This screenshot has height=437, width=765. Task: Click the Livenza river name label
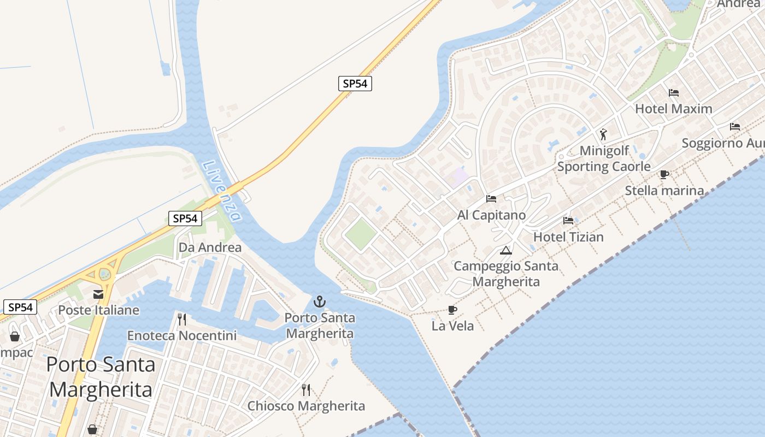pos(221,191)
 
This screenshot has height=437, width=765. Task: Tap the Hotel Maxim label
pos(673,109)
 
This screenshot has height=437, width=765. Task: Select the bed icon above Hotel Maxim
pos(674,93)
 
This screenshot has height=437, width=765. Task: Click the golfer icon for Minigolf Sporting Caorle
pos(603,134)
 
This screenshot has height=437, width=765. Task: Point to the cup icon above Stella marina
pos(664,175)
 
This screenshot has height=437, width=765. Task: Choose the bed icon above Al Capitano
pos(491,199)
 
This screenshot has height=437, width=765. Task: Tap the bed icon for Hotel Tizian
pos(568,221)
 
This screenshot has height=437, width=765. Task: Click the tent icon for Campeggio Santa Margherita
pos(506,251)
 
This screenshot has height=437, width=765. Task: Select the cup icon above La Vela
pos(452,310)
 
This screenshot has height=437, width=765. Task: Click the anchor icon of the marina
pos(319,302)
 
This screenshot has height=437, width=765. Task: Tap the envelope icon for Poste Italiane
pos(98,294)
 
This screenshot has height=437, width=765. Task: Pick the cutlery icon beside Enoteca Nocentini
pos(182,319)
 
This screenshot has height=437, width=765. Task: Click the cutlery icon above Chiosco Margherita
pos(306,390)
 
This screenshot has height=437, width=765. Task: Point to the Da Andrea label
pos(210,247)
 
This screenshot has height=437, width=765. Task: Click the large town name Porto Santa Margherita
pos(101,377)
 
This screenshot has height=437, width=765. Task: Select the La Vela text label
pos(452,326)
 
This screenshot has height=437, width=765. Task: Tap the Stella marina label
pos(664,191)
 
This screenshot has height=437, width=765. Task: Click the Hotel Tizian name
pos(568,237)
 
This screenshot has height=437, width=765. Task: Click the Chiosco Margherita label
pos(306,406)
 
